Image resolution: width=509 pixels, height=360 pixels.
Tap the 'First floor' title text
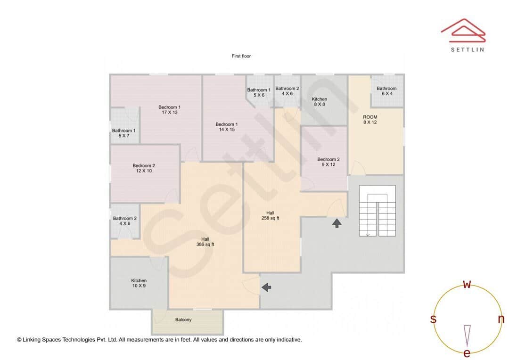click(241, 56)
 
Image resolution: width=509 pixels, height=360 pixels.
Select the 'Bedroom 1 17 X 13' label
click(169, 110)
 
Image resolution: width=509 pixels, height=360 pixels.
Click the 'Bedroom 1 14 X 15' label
click(226, 127)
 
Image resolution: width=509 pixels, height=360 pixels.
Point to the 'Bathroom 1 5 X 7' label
click(123, 133)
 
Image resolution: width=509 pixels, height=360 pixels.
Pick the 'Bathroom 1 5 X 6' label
click(259, 92)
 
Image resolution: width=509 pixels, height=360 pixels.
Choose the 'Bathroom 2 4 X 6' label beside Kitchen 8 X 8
click(287, 91)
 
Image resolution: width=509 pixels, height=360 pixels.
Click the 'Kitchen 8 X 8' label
click(319, 102)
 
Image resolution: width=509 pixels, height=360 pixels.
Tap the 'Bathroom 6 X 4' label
click(386, 91)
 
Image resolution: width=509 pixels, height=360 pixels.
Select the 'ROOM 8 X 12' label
click(370, 120)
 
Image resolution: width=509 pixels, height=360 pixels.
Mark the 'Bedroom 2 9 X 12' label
click(328, 162)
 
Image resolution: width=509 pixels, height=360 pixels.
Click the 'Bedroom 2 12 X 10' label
click(144, 168)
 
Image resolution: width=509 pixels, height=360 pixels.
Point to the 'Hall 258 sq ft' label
click(270, 215)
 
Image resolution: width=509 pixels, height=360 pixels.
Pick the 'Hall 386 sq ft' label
click(205, 242)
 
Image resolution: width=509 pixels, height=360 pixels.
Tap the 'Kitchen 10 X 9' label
click(139, 283)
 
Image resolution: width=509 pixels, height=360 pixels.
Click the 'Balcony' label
click(183, 320)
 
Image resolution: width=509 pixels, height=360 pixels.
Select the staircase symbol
click(377, 211)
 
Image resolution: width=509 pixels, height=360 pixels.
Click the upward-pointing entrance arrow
click(337, 223)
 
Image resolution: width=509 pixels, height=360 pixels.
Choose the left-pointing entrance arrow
click(266, 287)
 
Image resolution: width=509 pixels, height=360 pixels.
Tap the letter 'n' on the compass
click(501, 319)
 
